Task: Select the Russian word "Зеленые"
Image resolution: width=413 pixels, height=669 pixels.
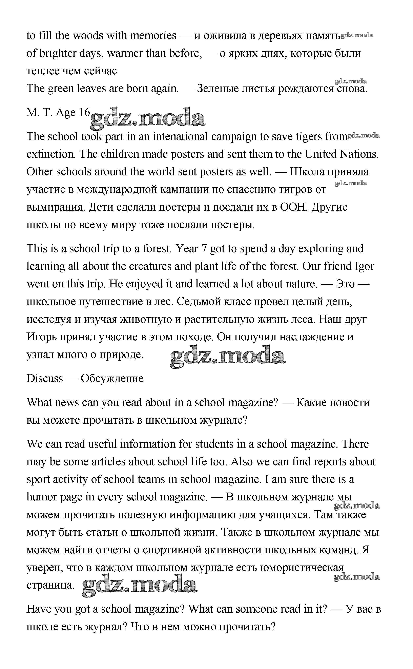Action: [218, 89]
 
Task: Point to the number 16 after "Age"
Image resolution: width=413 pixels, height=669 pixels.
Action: [84, 112]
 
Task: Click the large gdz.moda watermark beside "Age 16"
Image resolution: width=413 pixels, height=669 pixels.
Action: [147, 118]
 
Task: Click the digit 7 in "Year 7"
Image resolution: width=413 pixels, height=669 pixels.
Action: [204, 249]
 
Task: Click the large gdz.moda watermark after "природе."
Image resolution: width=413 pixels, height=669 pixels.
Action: [228, 356]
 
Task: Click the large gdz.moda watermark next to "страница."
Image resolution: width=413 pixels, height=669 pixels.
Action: [139, 585]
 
